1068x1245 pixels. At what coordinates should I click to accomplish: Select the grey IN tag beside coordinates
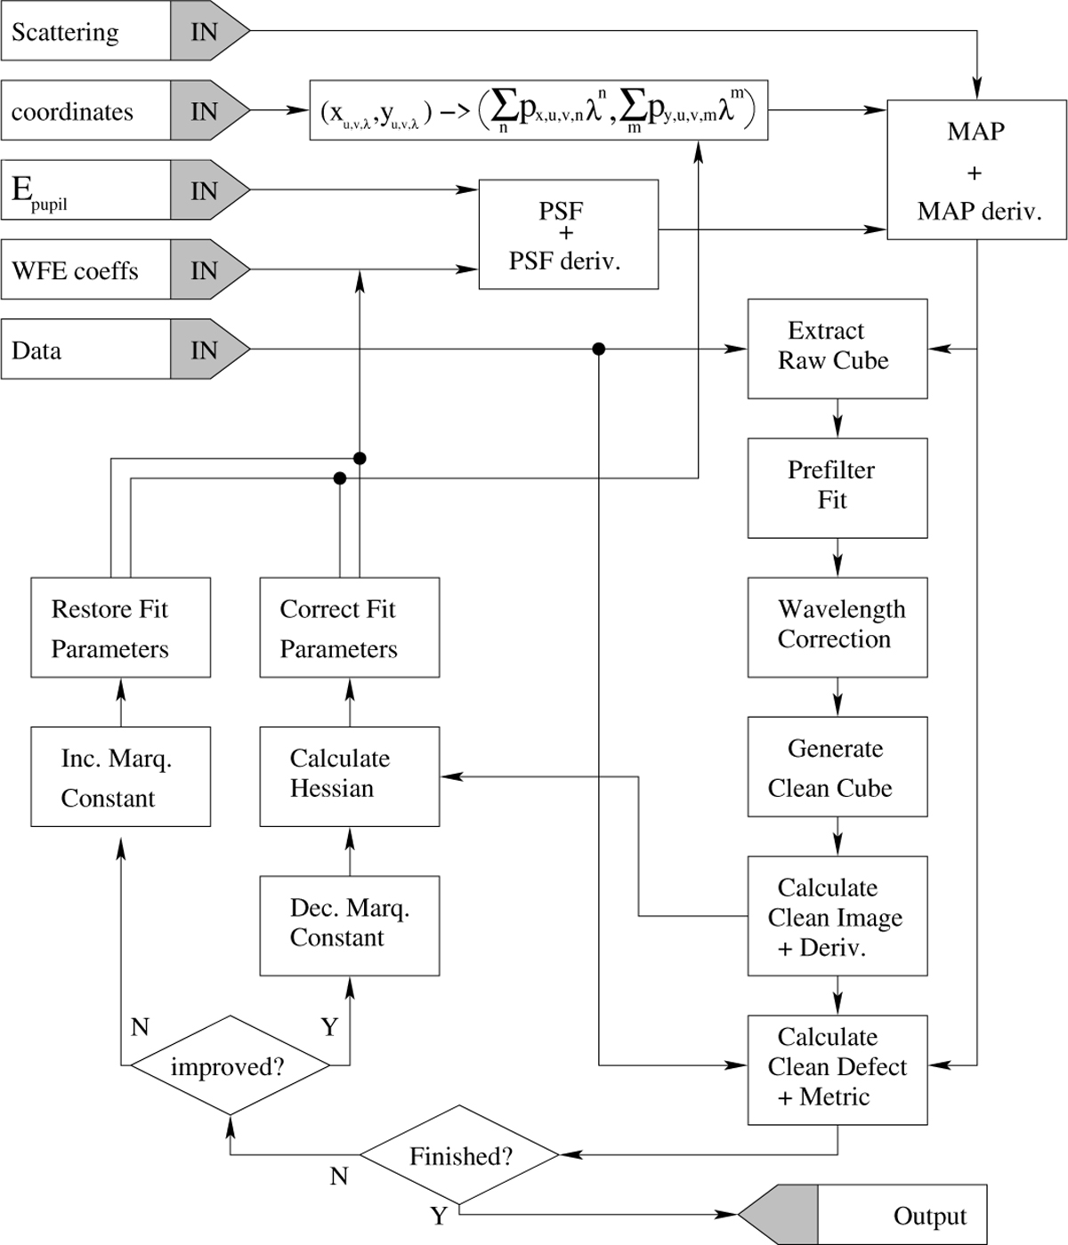click(x=205, y=111)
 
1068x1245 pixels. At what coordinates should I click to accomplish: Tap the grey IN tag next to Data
click(x=205, y=350)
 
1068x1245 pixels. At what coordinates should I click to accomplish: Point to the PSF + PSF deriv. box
click(x=568, y=235)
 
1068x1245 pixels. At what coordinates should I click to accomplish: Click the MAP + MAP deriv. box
click(x=976, y=171)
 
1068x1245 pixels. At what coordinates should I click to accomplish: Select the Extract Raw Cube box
click(x=837, y=349)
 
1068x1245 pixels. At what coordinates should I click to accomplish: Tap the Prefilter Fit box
click(x=837, y=487)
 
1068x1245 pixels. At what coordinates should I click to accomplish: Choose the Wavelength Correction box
click(x=837, y=627)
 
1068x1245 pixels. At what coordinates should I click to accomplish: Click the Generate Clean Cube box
click(x=837, y=767)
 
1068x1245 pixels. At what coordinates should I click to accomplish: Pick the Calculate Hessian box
click(x=349, y=776)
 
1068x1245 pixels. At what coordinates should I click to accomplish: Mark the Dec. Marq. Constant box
click(x=349, y=925)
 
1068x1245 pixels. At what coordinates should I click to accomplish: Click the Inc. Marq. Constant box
click(x=120, y=776)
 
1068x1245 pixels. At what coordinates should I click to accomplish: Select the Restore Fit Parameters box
click(x=120, y=627)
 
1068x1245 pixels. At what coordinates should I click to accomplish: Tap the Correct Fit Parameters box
click(x=349, y=627)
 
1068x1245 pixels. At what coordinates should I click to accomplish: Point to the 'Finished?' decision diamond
click(x=459, y=1155)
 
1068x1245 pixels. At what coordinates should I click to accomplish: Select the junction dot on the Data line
click(x=599, y=349)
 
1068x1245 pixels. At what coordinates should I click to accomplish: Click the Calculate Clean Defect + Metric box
click(x=837, y=1069)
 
